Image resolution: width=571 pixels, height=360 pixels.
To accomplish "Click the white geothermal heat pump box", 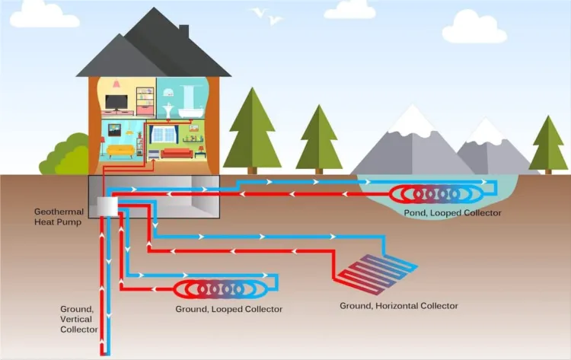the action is pos(107,207).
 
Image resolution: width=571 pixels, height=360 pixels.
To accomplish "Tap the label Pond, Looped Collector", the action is pos(452,213).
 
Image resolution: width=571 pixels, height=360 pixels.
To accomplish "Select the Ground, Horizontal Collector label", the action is pos(399,306).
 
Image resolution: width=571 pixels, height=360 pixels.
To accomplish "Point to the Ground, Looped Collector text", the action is pos(228,309).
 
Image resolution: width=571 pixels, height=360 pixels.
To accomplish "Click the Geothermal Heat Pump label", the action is pos(59,217).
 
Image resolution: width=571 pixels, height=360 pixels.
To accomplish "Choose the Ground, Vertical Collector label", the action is pos(78,319).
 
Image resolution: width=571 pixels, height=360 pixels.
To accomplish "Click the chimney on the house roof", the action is pos(184,31).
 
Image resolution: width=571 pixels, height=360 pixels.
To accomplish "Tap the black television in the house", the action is pos(116,103).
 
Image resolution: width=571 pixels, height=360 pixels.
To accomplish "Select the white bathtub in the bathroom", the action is pos(190,112).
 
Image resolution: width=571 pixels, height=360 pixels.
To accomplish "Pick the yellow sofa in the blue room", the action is pos(120,151).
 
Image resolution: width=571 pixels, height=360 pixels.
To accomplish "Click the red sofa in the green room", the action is pos(177,153).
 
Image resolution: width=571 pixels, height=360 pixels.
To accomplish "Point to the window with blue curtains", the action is pos(164,135).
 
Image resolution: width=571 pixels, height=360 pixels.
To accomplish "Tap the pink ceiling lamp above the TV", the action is pos(116,84).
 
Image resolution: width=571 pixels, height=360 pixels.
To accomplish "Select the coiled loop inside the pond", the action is pos(436,194).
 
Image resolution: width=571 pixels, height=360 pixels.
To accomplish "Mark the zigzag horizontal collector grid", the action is pos(378,270).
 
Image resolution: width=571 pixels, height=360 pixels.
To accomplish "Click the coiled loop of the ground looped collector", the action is pos(221,290).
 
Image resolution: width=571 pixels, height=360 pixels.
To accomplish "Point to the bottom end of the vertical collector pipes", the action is pos(105,353).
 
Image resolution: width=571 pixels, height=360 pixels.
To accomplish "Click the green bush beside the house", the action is pos(65,155).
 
